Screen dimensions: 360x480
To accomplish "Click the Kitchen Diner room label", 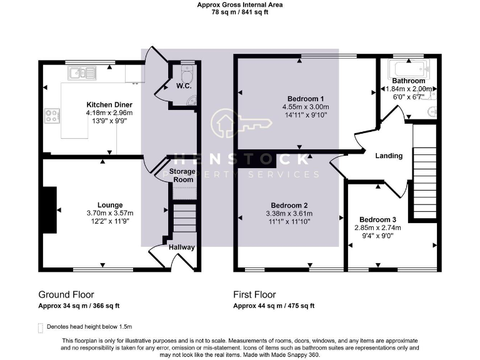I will [x=109, y=104].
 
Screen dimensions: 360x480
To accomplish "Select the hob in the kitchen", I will [x=52, y=116].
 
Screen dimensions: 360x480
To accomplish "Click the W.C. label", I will [x=183, y=86].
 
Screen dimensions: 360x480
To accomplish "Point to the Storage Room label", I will [x=183, y=176].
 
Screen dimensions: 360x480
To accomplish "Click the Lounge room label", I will [x=109, y=205].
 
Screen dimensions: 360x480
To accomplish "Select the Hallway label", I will [x=182, y=247].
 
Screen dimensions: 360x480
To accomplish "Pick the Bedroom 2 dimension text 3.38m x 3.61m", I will [x=288, y=213].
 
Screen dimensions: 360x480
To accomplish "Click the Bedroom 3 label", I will [x=377, y=219].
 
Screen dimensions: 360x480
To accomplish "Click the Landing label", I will [x=389, y=156].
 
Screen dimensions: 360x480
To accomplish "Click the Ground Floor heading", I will [x=66, y=294].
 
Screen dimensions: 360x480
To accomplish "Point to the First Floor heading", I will [x=254, y=294].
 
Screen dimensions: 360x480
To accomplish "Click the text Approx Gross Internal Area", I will [x=240, y=4].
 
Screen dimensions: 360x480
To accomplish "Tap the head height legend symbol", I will [x=41, y=327].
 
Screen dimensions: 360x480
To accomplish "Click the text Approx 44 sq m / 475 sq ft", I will [x=274, y=306].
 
